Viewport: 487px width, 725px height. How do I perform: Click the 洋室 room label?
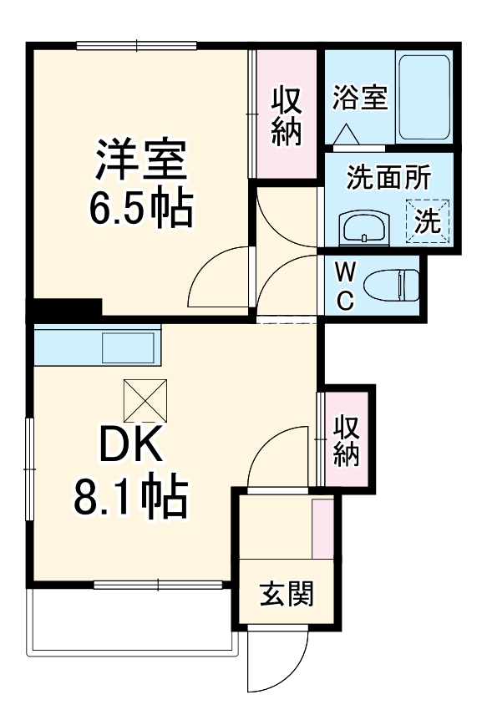140,161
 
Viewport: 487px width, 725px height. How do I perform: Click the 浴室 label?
359,97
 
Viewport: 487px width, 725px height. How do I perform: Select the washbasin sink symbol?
364,226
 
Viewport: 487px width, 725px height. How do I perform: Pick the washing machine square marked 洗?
429,221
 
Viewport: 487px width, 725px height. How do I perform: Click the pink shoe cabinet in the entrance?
322,529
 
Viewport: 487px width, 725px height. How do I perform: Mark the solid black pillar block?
67,308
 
